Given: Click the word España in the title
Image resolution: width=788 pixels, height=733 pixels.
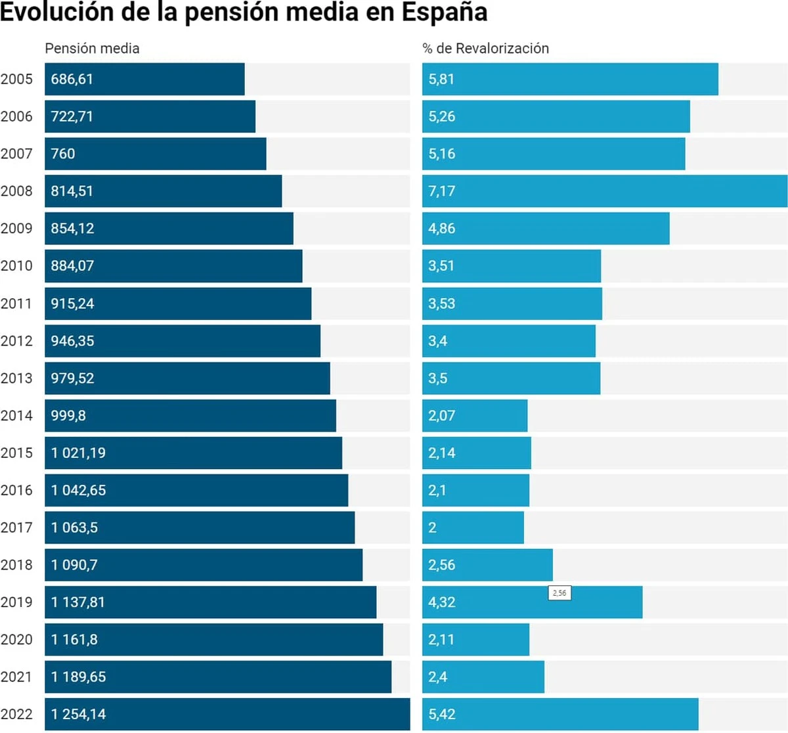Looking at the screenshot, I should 445,12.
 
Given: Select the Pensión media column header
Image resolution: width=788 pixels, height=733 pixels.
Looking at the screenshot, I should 92,48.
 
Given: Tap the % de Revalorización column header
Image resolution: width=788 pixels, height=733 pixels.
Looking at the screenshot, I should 485,48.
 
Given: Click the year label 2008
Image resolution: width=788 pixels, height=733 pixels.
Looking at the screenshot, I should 16,191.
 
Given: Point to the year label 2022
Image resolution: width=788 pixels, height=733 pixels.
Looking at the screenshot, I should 16,714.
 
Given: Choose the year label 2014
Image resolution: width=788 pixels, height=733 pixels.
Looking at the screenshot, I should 16,415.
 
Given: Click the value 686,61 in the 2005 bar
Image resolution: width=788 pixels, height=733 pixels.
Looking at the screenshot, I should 72,79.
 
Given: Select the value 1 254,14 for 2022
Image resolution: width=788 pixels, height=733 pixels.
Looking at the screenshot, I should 78,714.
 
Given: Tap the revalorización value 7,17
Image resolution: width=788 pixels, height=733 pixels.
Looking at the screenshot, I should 441,191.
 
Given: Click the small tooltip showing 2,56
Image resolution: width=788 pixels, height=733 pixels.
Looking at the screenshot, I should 559,593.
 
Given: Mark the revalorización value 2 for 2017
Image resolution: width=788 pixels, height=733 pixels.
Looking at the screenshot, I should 432,527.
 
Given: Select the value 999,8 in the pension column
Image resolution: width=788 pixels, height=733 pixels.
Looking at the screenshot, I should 68,415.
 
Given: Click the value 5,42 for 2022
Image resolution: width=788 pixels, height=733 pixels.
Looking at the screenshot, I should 441,714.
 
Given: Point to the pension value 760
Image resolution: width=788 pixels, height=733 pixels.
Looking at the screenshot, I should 63,154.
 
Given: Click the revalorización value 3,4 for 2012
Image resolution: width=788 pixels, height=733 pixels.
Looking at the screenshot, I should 438,341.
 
